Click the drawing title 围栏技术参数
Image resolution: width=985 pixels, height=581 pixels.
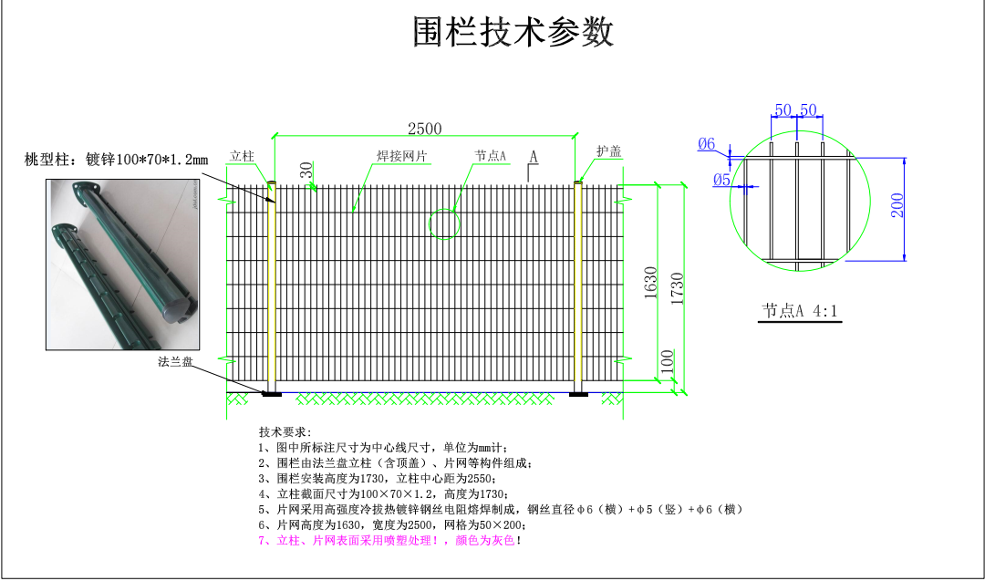pos(513,33)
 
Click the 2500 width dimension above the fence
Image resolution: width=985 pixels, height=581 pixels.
pos(424,129)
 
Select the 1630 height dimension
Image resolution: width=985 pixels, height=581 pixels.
pos(650,285)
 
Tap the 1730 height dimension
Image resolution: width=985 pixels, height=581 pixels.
pos(677,289)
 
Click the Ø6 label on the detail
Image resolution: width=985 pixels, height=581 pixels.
pos(707,143)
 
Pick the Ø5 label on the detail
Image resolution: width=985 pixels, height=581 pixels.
pos(721,180)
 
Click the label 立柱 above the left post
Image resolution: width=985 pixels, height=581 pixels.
pos(241,155)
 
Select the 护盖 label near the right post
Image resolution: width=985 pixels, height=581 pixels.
pos(608,151)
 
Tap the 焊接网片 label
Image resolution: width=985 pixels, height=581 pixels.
pos(403,156)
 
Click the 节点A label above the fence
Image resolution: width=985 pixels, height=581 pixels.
pos(490,156)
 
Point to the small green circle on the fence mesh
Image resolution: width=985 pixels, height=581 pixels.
pos(444,223)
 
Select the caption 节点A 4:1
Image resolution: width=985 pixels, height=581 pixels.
pos(800,311)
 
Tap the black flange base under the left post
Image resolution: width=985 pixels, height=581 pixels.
pos(272,394)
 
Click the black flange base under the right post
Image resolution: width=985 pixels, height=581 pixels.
pos(578,394)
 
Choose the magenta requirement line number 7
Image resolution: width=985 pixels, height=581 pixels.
pos(390,541)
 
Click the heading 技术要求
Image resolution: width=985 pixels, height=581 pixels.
pos(285,431)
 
